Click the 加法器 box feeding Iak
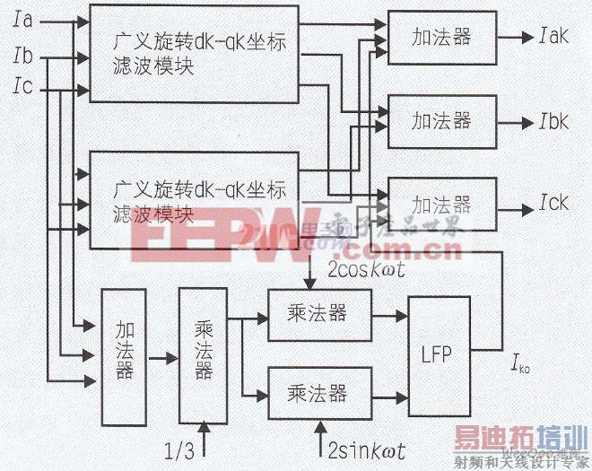(441, 39)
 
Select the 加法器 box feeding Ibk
(441, 120)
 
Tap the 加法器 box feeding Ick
(441, 205)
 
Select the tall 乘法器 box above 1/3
(204, 356)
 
